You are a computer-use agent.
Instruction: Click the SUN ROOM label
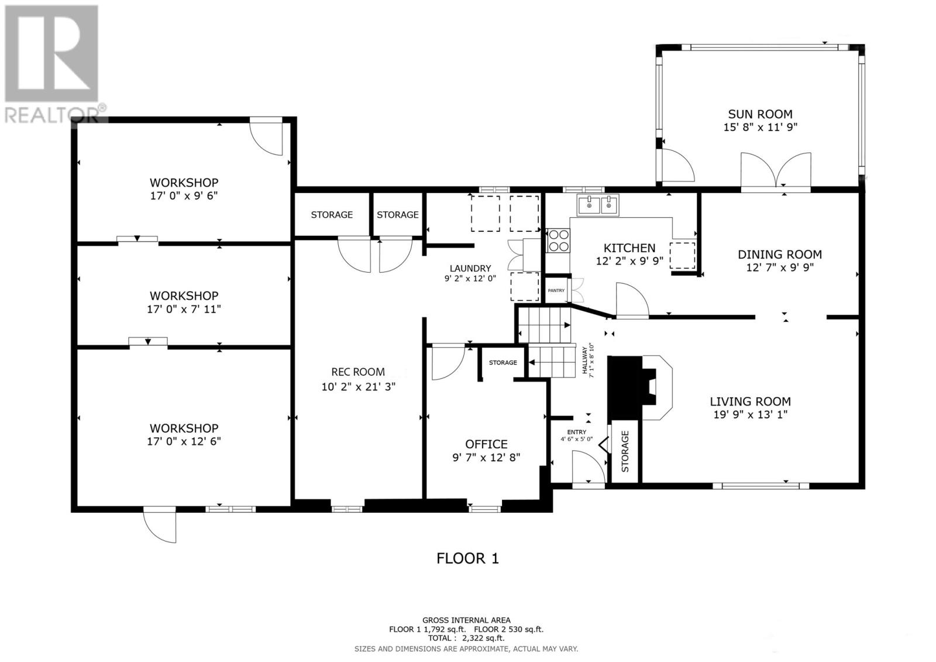(x=760, y=114)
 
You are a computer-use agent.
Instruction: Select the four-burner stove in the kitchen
(x=558, y=241)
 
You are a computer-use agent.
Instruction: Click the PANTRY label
(x=556, y=290)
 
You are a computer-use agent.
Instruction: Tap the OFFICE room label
(x=486, y=444)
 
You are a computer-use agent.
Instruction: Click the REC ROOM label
(x=358, y=372)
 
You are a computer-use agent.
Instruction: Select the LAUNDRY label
(x=470, y=268)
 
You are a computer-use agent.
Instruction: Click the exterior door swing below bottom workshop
(x=160, y=525)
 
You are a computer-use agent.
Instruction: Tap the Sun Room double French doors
(x=776, y=171)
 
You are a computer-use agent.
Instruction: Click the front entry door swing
(x=588, y=471)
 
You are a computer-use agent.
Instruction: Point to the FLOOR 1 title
(x=467, y=558)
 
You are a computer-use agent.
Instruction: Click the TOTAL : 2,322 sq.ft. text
(x=466, y=639)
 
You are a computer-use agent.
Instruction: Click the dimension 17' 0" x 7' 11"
(x=184, y=309)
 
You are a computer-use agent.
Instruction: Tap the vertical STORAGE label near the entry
(x=625, y=451)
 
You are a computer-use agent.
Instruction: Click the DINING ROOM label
(x=779, y=255)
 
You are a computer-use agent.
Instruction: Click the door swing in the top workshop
(x=267, y=138)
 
